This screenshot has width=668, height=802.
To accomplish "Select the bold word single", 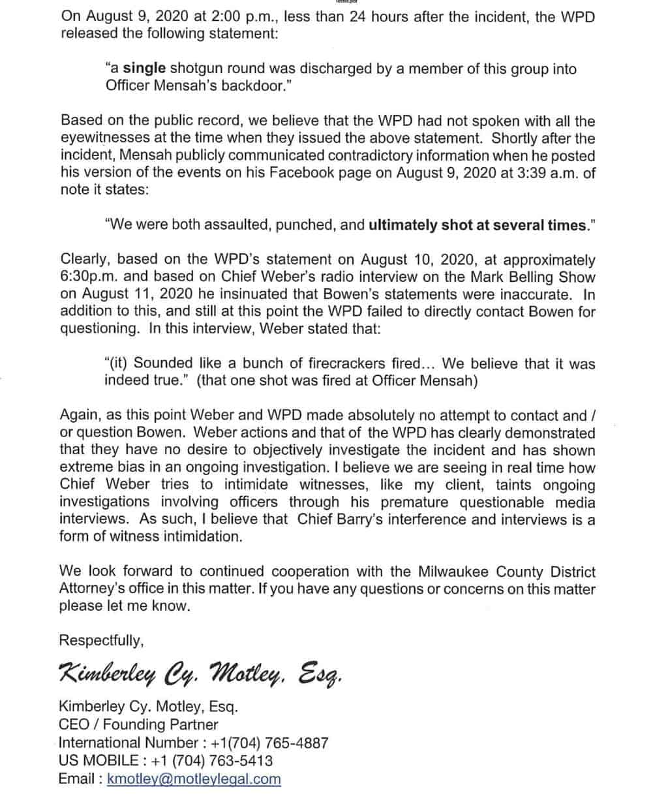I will (144, 68).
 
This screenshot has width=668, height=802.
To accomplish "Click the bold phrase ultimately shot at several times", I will (478, 225).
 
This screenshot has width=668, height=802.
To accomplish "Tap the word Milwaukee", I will (451, 572).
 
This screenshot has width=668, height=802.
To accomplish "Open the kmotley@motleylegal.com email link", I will (194, 779).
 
